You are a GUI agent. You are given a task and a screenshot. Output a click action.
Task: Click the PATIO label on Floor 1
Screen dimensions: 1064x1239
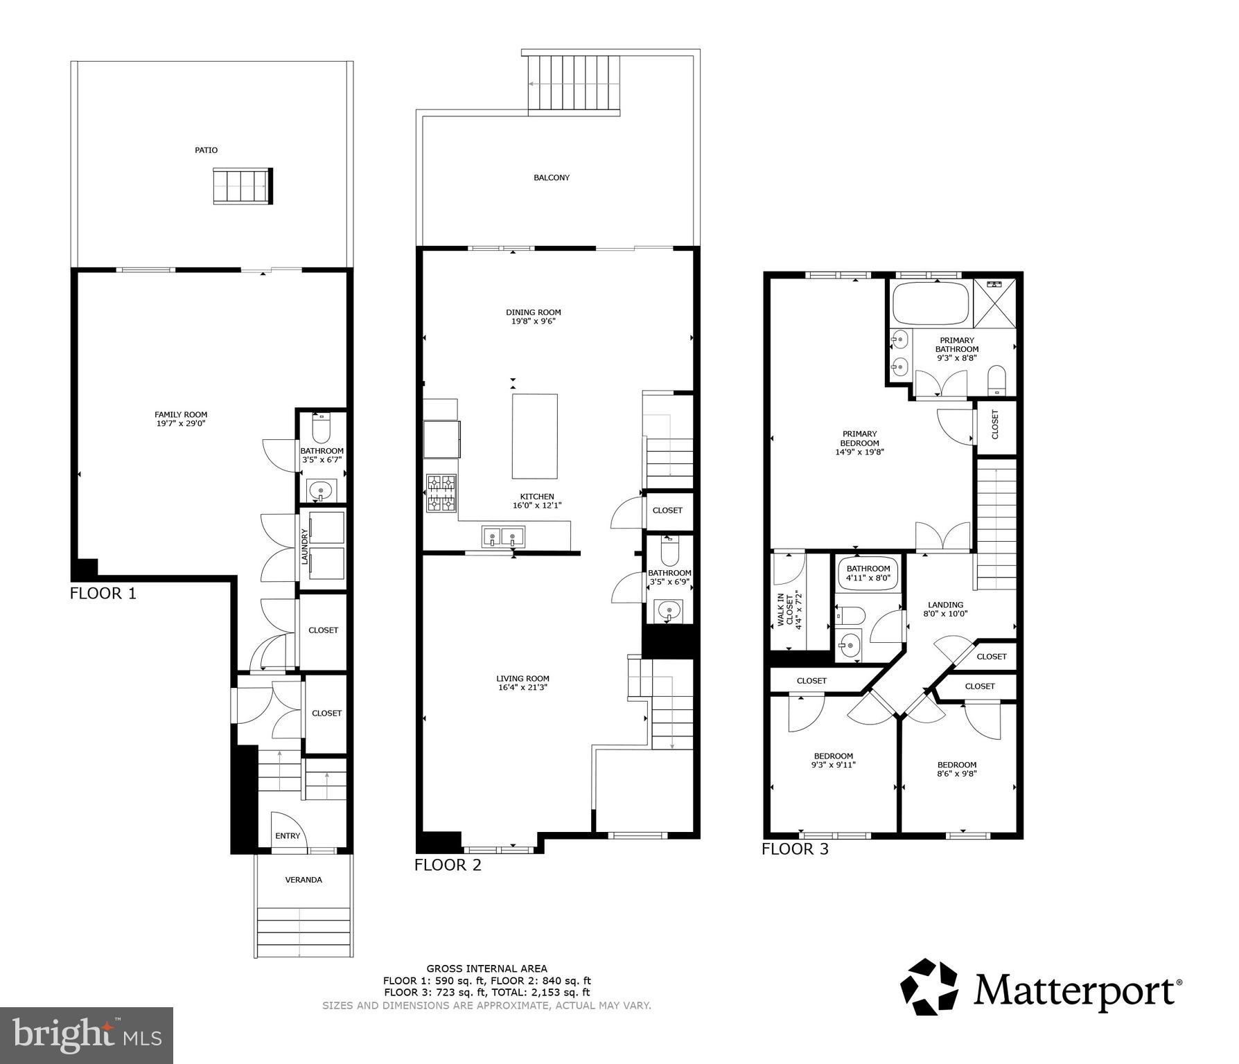[206, 150]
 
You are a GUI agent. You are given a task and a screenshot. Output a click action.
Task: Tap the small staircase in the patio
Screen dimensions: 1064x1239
[242, 186]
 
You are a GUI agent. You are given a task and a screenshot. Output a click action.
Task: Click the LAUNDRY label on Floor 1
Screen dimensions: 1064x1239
[304, 547]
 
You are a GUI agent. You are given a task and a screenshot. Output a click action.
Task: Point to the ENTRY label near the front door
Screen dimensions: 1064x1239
[288, 835]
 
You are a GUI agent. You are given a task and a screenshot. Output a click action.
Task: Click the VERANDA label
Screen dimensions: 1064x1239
[304, 880]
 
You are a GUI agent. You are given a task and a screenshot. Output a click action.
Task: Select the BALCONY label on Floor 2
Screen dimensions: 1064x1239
[552, 177]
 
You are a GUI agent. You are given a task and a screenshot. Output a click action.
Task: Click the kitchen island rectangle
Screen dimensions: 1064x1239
[534, 436]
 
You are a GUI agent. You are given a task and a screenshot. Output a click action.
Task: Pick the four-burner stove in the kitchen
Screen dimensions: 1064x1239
[441, 493]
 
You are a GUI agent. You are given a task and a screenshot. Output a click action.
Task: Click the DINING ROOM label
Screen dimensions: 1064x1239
[533, 312]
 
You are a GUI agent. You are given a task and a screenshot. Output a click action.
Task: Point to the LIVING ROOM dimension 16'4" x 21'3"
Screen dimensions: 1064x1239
[522, 688]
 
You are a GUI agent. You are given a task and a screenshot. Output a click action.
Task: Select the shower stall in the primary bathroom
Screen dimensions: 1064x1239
[995, 303]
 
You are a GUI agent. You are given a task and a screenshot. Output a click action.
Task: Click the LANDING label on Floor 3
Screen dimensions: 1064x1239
[945, 605]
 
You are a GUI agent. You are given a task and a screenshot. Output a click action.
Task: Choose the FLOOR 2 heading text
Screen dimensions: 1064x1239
[448, 864]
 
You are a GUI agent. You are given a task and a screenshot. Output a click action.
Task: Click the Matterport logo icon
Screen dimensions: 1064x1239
[929, 986]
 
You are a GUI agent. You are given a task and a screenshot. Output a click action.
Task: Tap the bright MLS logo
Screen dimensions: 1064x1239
[87, 1035]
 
